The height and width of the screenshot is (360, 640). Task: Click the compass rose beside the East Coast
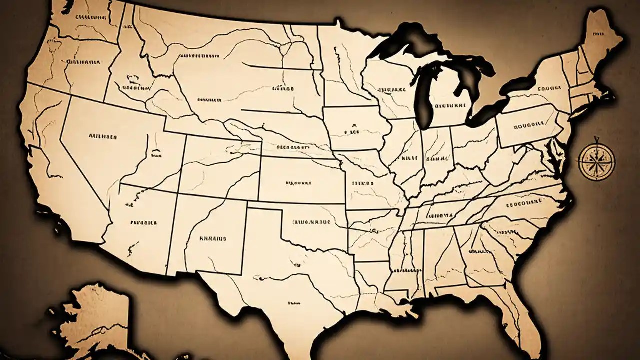click(x=596, y=161)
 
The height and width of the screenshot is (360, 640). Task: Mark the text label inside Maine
click(x=596, y=34)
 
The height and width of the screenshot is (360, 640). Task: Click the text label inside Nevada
click(x=102, y=135)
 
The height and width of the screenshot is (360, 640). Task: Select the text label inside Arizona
click(x=144, y=223)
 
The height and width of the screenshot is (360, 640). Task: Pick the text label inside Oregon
click(x=82, y=63)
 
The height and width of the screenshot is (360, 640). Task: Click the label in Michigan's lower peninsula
click(x=450, y=105)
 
